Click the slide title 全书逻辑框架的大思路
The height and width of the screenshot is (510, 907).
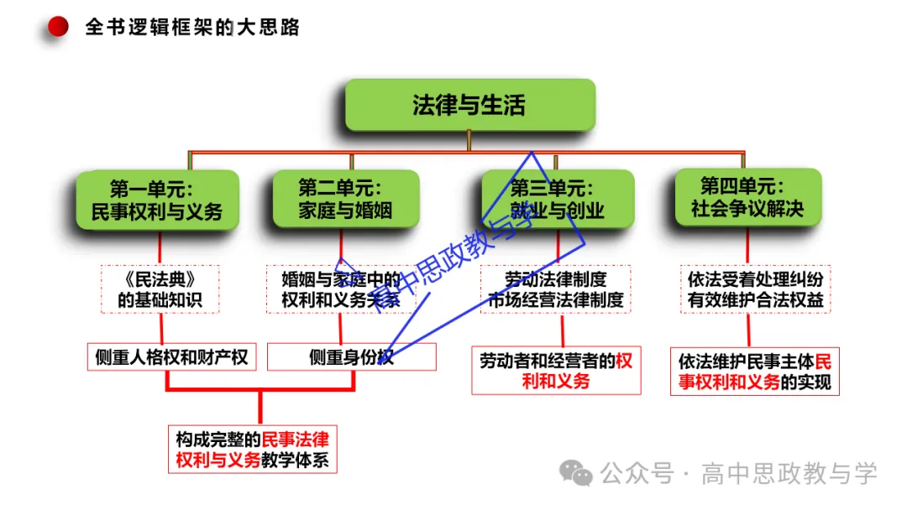[192, 27]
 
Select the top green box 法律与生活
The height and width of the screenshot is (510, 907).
[469, 105]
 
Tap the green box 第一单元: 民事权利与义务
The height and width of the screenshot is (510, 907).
[157, 200]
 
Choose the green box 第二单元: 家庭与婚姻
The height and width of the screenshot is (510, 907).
[345, 199]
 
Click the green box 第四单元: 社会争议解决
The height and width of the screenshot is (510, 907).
[747, 197]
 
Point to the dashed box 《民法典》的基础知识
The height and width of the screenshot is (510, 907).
[160, 289]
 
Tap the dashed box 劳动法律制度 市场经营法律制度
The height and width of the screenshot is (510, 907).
[556, 289]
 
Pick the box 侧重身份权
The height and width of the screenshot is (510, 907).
[351, 357]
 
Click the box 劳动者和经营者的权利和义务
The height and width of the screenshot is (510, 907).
[556, 371]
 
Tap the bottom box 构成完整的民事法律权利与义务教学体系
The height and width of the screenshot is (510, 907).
[252, 450]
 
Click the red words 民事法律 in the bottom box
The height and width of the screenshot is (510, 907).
[296, 440]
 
